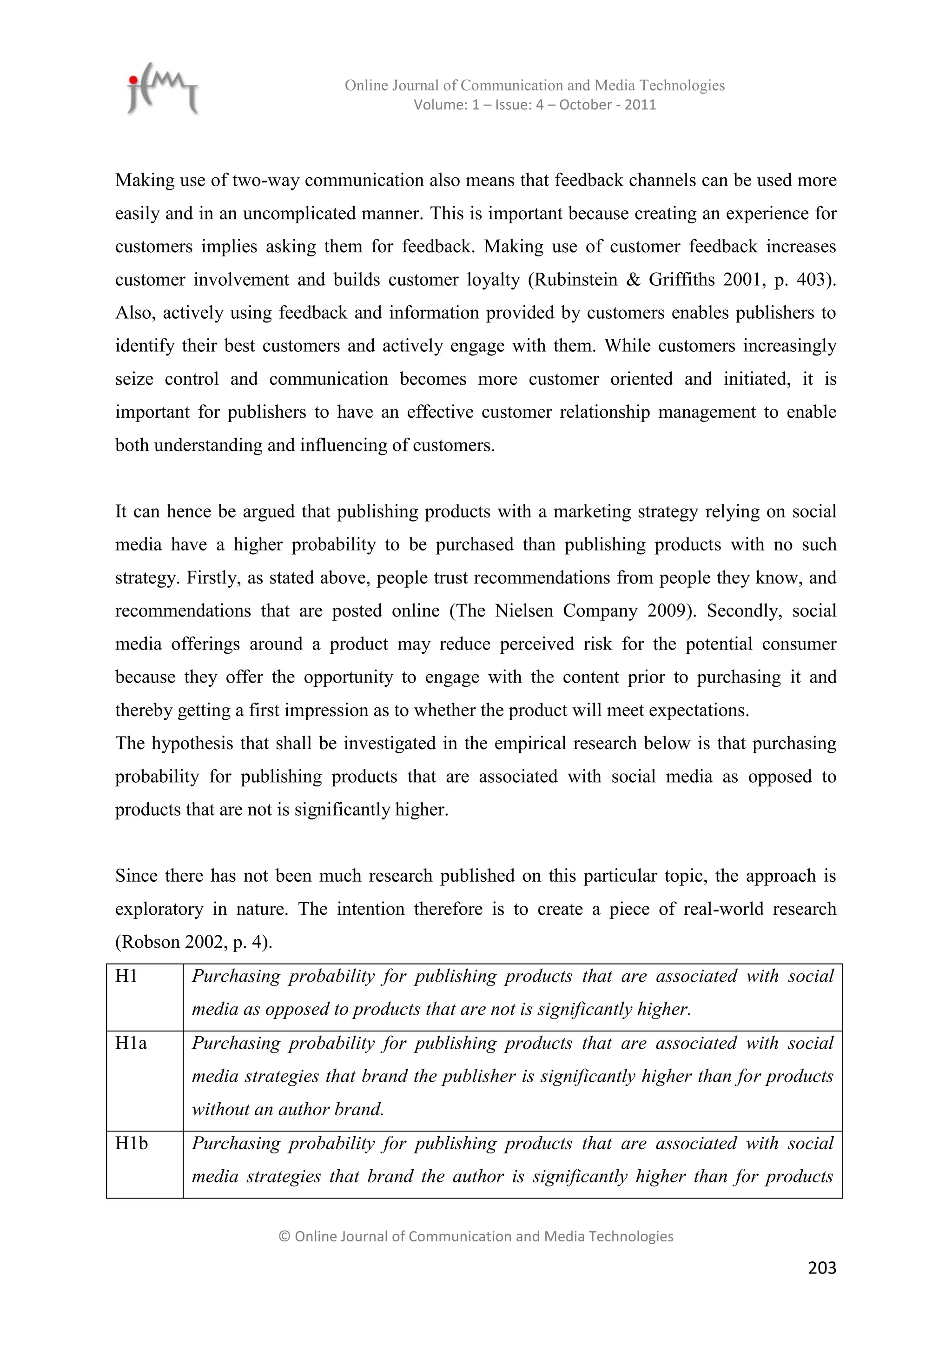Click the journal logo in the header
[x=162, y=89]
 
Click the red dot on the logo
[x=134, y=80]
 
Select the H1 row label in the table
[x=126, y=976]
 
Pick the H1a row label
[x=131, y=1043]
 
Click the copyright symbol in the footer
[x=284, y=1237]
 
